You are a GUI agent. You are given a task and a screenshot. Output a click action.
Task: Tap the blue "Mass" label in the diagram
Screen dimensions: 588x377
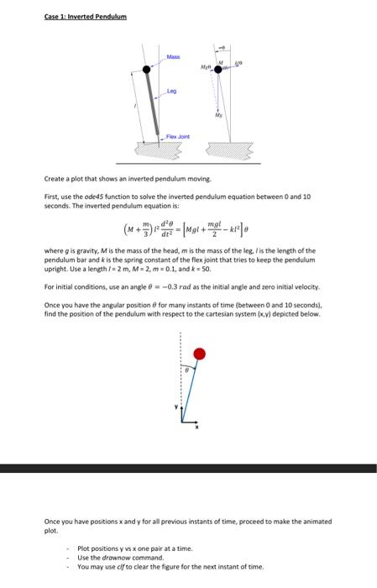(x=173, y=56)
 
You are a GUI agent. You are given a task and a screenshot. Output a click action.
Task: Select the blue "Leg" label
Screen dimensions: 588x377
(x=171, y=92)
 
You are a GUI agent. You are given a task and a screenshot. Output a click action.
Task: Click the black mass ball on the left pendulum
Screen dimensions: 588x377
(x=146, y=70)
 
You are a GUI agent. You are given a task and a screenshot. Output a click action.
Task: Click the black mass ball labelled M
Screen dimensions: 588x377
(x=218, y=71)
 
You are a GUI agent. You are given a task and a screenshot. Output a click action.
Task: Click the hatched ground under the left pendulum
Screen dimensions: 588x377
(x=159, y=153)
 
